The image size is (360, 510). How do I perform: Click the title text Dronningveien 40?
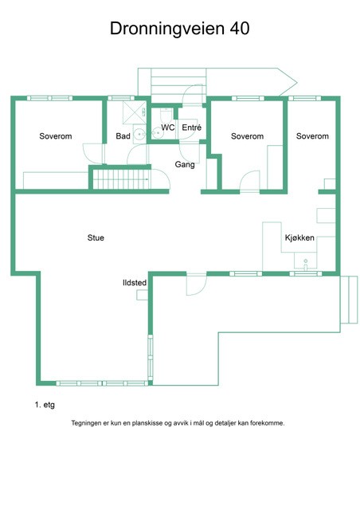coord(179,29)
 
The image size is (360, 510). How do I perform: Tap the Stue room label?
coord(96,237)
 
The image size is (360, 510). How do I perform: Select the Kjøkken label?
coord(299,238)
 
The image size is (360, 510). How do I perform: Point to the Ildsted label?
coord(134,282)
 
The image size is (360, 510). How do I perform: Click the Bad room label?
coord(123,136)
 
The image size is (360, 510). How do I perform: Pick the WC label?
coord(167,127)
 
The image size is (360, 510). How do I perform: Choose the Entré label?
coord(191,127)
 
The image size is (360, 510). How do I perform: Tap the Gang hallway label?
coord(185,164)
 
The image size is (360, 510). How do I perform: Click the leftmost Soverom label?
coord(56,136)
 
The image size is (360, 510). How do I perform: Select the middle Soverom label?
coord(247,136)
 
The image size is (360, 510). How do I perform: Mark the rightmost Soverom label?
coord(312,136)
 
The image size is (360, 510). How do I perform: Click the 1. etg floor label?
coord(45,405)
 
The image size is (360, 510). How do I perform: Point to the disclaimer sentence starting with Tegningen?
coord(178,423)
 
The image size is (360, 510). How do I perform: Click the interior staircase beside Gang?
coord(117,178)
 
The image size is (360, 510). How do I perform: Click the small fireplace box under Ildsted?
coord(142,295)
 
